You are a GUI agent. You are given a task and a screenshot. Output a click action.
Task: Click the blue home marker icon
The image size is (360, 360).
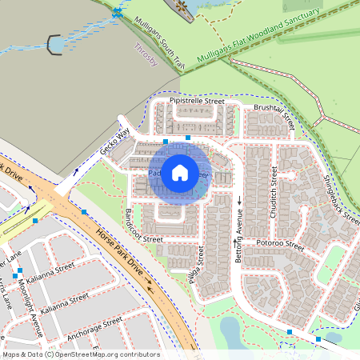point(180,173)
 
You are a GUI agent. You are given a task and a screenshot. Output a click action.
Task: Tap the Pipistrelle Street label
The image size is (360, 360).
point(198,102)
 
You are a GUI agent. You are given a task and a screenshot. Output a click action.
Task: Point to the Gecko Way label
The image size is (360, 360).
point(114,142)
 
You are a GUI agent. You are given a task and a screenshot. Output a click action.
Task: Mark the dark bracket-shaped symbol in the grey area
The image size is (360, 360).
point(56,46)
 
